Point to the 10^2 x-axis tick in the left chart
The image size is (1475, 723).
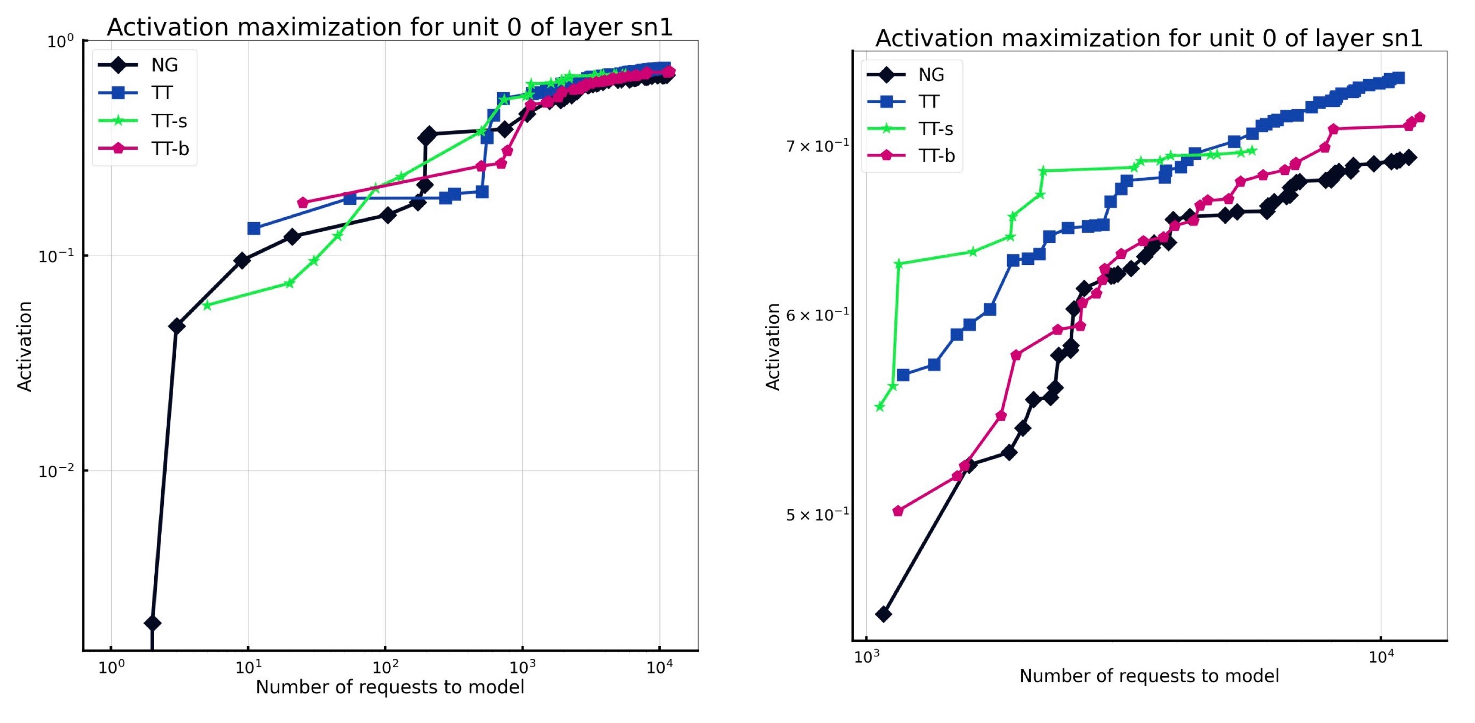[385, 667]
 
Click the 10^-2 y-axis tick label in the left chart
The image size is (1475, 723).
[56, 471]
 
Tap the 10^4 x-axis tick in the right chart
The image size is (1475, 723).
[1380, 656]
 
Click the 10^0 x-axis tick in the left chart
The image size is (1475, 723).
[111, 667]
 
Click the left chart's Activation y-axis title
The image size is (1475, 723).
[24, 346]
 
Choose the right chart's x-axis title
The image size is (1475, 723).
[1149, 676]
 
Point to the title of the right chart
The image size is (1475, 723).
[1149, 39]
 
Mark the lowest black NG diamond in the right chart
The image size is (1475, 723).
[884, 614]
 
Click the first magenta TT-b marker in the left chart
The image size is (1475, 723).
[303, 202]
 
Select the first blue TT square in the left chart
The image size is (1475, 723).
[254, 229]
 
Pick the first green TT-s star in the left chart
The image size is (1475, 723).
[207, 306]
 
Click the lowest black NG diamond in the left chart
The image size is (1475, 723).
[152, 623]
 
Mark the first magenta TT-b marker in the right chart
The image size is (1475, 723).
[898, 510]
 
